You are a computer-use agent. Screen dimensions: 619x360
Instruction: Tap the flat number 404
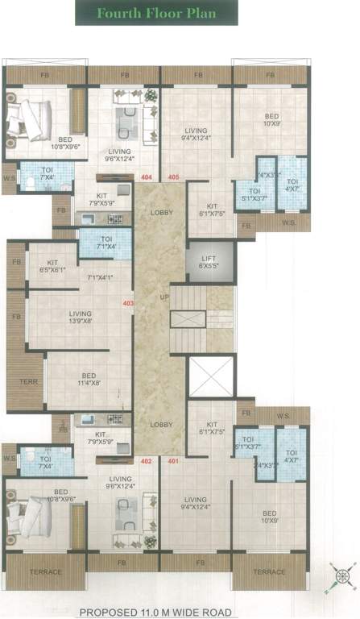(x=146, y=177)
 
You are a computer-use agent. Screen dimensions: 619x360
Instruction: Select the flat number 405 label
(x=173, y=177)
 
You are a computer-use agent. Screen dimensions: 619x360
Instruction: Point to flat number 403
(x=127, y=304)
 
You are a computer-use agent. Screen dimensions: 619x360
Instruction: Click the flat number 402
(x=146, y=461)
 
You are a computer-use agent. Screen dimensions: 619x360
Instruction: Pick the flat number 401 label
(x=172, y=461)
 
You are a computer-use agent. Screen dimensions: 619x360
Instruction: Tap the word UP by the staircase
(x=163, y=297)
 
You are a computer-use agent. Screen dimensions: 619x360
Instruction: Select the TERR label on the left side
(x=16, y=382)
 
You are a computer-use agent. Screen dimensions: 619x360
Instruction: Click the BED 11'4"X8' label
(x=89, y=379)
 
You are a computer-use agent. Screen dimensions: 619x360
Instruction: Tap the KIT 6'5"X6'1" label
(x=52, y=266)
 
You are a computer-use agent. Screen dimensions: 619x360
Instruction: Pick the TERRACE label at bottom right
(x=270, y=571)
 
